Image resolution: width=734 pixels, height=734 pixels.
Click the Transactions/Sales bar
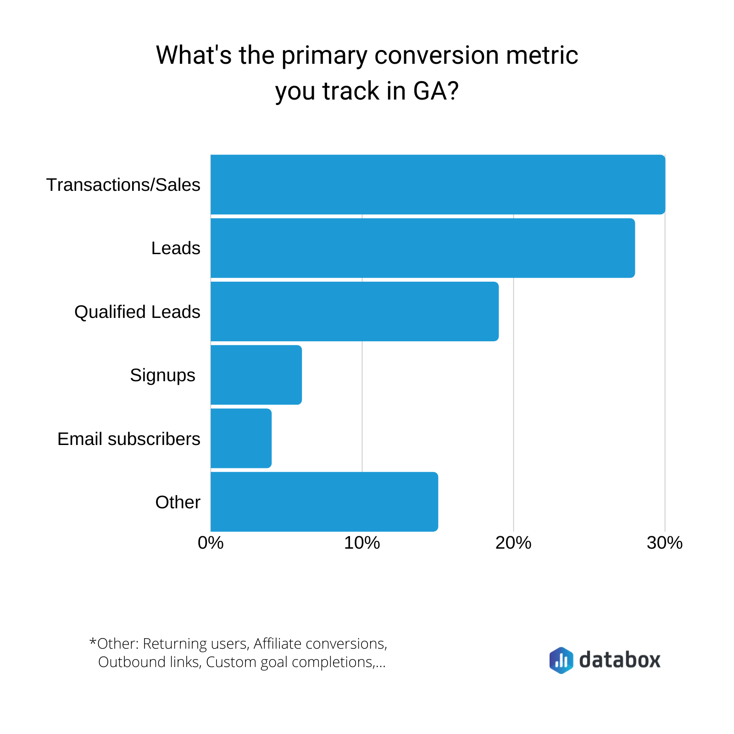point(438,184)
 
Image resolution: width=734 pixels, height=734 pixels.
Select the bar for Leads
point(423,248)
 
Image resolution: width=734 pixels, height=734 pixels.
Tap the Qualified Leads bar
point(355,311)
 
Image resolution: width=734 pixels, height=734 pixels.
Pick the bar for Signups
point(256,375)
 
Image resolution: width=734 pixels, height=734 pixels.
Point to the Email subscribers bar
point(241,439)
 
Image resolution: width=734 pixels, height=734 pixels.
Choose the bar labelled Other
point(324,502)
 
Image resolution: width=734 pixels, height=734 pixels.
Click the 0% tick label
point(211,543)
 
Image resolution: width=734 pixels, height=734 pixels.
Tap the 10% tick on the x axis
point(362,543)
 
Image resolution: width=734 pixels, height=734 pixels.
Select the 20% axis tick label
point(513,543)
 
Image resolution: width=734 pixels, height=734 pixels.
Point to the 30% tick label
point(665,543)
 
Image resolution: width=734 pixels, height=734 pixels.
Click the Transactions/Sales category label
point(123,185)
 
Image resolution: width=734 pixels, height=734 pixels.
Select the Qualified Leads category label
point(137,312)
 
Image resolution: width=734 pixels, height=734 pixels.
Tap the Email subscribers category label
point(129,439)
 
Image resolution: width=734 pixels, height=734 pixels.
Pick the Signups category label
point(163,375)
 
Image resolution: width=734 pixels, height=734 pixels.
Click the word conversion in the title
point(436,56)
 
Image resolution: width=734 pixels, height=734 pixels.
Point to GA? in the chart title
point(436,91)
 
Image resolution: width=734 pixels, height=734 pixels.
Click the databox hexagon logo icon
point(561,660)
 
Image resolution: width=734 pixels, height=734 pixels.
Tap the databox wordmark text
point(620,660)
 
